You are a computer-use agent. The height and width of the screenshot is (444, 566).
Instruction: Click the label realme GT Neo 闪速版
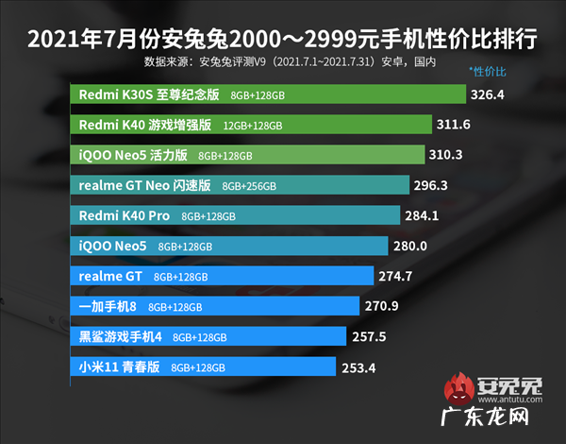[141, 185]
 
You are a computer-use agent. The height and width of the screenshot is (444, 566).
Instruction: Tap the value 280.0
[410, 246]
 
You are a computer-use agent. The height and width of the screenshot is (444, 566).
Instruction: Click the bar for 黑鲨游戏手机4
[208, 336]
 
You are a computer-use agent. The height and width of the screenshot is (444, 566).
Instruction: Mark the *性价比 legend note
[488, 72]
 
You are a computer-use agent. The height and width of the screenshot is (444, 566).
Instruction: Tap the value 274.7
[395, 276]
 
